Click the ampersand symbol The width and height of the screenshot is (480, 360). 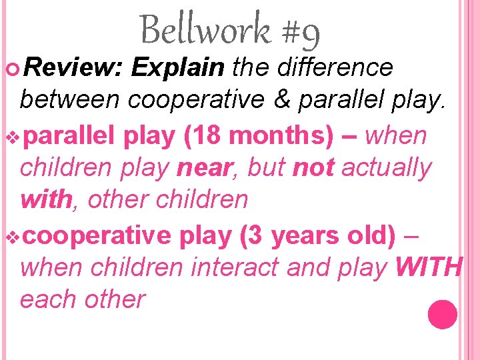(285, 99)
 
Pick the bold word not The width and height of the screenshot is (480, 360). (313, 168)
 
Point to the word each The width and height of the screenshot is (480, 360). (49, 299)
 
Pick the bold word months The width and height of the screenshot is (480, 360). (287, 135)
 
